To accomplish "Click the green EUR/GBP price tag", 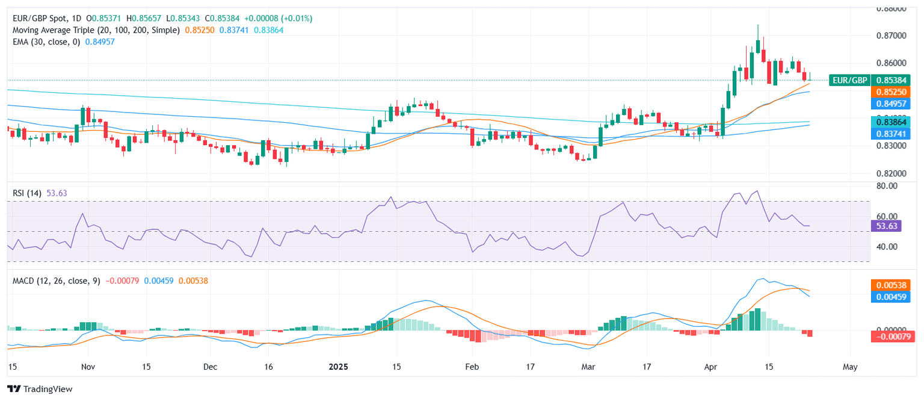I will pyautogui.click(x=849, y=80).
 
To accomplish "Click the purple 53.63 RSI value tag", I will pyautogui.click(x=887, y=226).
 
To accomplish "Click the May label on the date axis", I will pyautogui.click(x=849, y=367).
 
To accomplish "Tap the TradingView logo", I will pyautogui.click(x=40, y=389).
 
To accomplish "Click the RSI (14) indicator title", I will pyautogui.click(x=27, y=193).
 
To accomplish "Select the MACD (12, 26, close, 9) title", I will pyautogui.click(x=57, y=281).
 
